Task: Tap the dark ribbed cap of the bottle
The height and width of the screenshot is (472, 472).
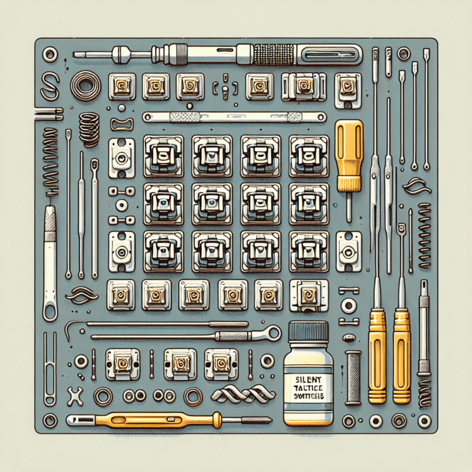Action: pyautogui.click(x=308, y=332)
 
